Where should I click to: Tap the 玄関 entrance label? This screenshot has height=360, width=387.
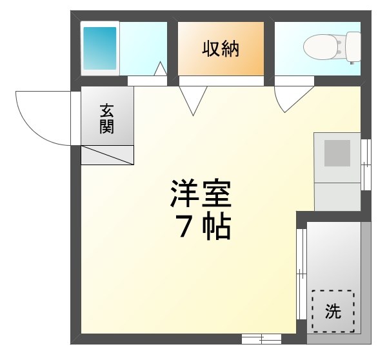[x=106, y=118]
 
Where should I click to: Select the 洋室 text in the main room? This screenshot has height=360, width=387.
[x=201, y=193]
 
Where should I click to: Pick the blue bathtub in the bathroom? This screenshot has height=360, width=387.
[x=99, y=48]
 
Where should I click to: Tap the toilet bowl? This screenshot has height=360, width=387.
[x=321, y=45]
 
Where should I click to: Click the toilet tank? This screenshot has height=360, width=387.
[x=353, y=46]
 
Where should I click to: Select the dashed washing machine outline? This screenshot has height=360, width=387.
[x=333, y=311]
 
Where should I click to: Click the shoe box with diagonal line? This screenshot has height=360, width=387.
[x=107, y=155]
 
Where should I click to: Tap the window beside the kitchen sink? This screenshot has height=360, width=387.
[x=366, y=165]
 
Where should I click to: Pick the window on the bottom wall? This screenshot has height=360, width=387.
[x=261, y=338]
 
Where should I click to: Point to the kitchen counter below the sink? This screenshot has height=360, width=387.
[x=337, y=196]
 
